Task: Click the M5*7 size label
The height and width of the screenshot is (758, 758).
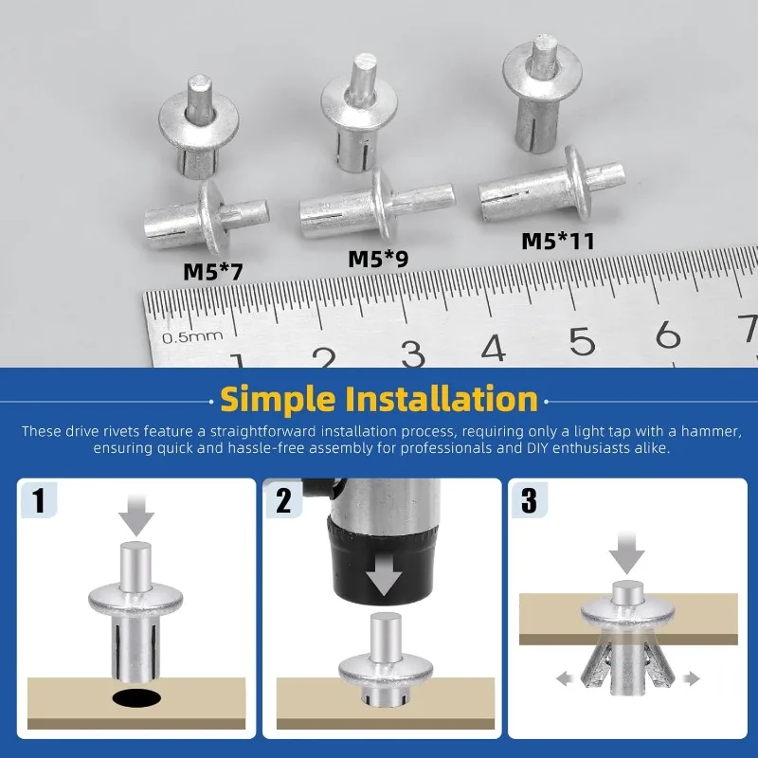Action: point(212,272)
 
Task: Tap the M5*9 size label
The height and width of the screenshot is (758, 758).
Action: point(378,259)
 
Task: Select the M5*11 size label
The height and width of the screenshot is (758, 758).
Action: point(558,242)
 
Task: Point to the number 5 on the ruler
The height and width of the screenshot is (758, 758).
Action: point(582,341)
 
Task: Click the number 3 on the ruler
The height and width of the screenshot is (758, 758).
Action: point(413,353)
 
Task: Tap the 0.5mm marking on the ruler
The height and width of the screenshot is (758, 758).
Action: point(192,336)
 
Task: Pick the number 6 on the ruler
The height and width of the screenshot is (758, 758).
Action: point(668,334)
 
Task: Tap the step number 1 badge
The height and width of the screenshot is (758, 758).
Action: point(39,499)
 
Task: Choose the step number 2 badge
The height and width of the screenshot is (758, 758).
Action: point(283,500)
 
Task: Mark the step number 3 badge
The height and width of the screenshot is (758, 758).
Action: point(530,500)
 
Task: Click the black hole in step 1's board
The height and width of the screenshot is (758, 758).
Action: point(136,697)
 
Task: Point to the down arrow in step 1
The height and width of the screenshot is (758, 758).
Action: point(136,515)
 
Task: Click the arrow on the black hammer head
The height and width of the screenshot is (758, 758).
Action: point(384,578)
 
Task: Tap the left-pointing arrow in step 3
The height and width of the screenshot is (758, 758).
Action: point(565,678)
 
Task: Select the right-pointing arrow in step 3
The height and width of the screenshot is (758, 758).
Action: point(692,678)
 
